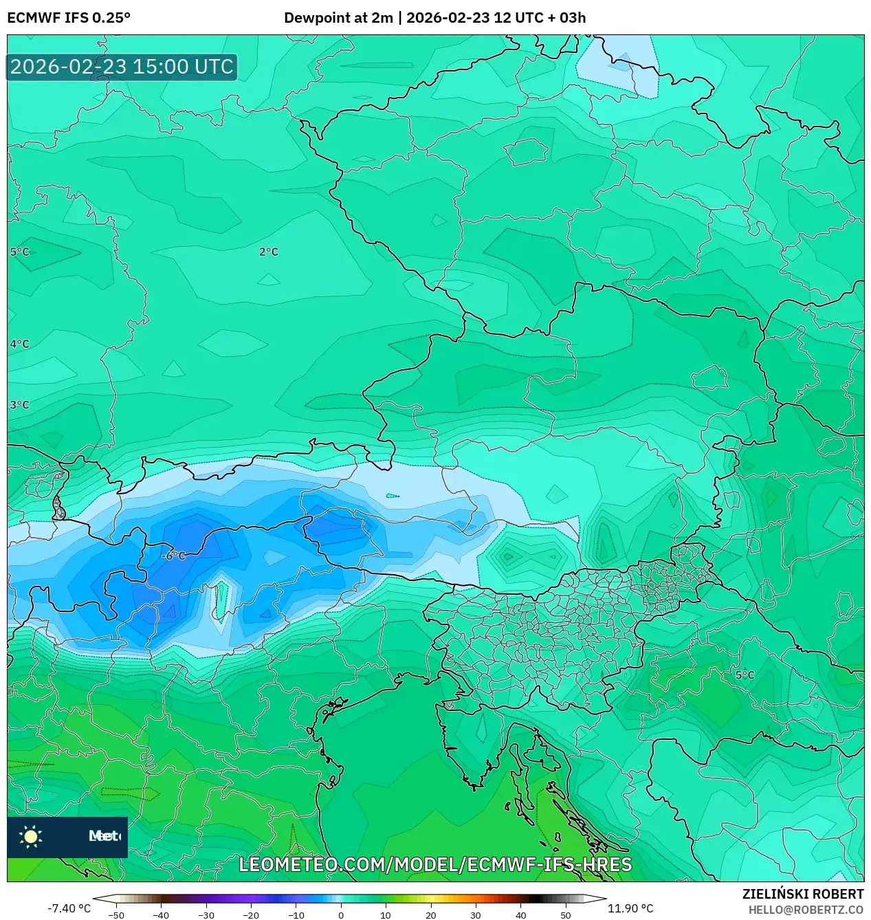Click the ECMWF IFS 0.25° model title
[69, 18]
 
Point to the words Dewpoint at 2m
[338, 18]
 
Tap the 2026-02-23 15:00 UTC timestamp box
[122, 67]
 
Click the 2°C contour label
[269, 252]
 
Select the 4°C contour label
[19, 344]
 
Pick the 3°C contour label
[19, 405]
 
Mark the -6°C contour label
[174, 556]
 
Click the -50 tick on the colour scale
[116, 914]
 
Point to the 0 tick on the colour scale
[341, 914]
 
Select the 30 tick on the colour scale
[476, 914]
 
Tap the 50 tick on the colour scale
[565, 914]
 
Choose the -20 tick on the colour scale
[251, 914]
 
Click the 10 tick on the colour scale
[386, 914]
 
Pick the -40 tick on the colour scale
[161, 914]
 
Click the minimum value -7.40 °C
[69, 908]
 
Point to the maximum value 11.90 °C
[630, 908]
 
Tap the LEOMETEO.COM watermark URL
[435, 864]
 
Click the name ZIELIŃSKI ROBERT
[802, 894]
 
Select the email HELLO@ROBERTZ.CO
[806, 910]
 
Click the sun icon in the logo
[30, 836]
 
